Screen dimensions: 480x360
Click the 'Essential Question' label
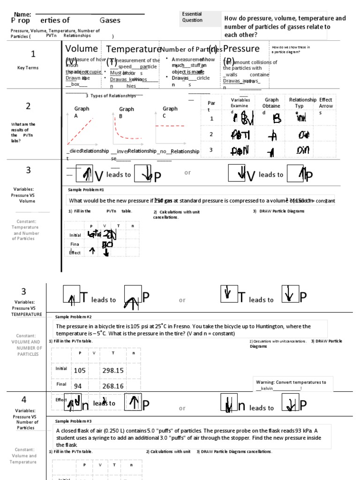click(192, 17)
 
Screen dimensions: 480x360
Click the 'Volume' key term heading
click(82, 49)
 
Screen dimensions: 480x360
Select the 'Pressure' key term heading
click(241, 49)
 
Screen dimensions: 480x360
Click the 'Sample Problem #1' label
click(86, 190)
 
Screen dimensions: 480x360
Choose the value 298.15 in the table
click(112, 370)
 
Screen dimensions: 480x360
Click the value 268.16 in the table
click(112, 386)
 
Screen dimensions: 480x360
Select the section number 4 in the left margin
click(24, 399)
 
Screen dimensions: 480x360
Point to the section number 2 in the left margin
click(28, 106)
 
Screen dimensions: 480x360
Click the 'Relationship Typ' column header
click(302, 103)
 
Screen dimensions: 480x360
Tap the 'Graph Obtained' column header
click(271, 103)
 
